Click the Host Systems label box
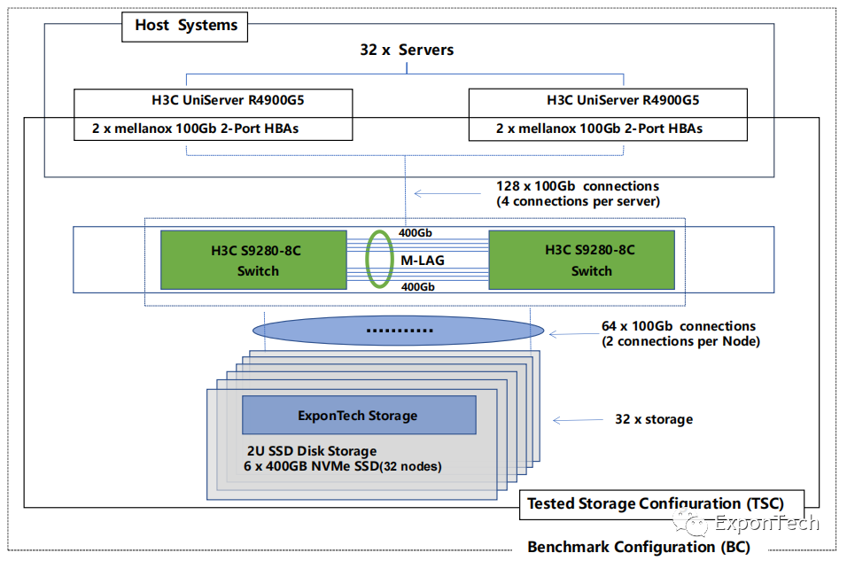coord(185,26)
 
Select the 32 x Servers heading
coord(407,50)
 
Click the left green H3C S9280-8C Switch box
coord(253,260)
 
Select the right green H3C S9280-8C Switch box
coord(581,260)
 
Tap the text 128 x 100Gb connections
coord(578,187)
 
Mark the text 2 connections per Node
coord(680,341)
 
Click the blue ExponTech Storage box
coord(359,415)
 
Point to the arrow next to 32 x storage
coord(577,419)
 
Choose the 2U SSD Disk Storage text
coord(312,451)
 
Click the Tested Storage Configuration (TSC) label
coord(656,503)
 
